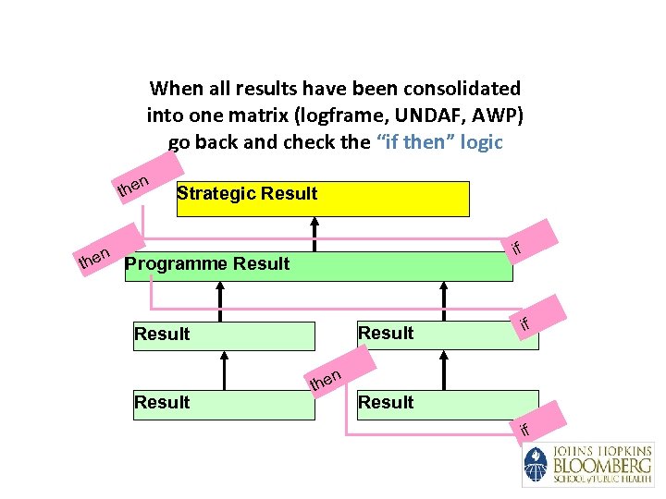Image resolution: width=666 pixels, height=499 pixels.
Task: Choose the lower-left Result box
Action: click(x=223, y=402)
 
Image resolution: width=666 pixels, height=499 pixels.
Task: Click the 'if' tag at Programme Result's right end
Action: click(x=517, y=246)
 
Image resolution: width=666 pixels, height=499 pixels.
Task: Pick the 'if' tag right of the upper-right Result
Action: click(x=524, y=323)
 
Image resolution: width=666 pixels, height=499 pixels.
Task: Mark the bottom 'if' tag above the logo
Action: click(x=524, y=428)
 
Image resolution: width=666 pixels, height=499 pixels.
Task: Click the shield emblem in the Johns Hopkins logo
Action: click(x=536, y=464)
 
